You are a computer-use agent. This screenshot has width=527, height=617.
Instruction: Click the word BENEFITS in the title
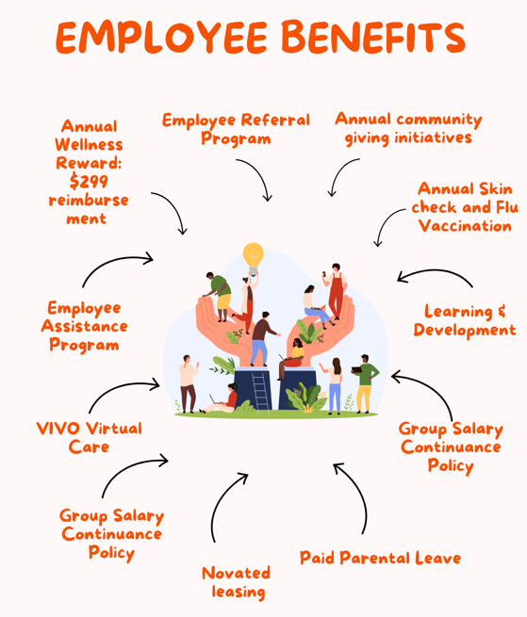coord(373,37)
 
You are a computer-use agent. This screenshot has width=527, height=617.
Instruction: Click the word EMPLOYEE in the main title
coord(162,37)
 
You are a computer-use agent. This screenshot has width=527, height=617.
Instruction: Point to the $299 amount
coord(89,181)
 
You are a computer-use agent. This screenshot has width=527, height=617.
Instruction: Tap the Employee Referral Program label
coord(236,129)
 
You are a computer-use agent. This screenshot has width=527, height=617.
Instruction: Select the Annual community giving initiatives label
coord(408,128)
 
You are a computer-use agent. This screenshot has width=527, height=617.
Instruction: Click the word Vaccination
coord(465,226)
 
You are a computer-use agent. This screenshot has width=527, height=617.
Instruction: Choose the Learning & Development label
coord(465,320)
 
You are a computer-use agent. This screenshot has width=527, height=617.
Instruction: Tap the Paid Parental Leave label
coord(380,558)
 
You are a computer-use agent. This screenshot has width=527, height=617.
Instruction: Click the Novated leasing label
coord(237,582)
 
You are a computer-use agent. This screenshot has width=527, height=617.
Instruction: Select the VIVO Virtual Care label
coord(89,438)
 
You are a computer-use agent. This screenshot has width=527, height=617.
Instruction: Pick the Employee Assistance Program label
coord(84,327)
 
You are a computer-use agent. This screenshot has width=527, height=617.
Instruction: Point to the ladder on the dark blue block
coord(260,392)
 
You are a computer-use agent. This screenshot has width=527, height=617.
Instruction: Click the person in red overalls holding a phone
coord(336,291)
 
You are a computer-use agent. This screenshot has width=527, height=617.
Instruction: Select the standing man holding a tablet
coord(365,383)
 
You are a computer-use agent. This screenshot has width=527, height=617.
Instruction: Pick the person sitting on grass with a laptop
coord(221,399)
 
